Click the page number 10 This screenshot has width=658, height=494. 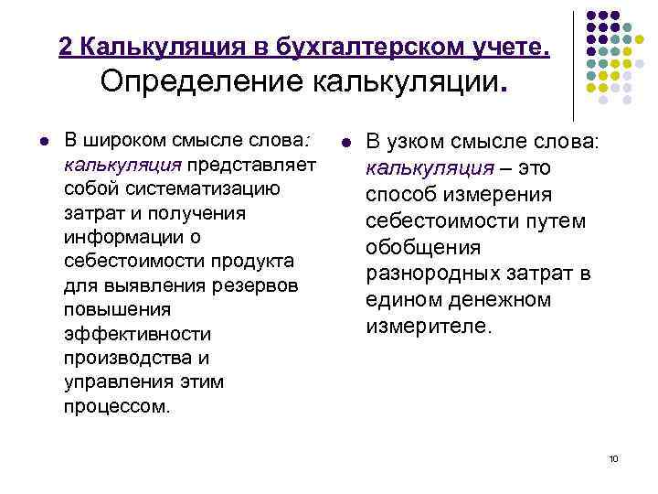coord(612,458)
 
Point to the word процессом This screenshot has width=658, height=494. coord(117,404)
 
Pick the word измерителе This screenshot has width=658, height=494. coord(429,327)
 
